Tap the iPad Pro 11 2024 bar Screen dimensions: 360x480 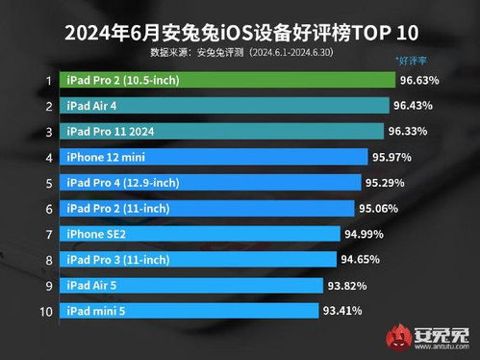click(x=220, y=130)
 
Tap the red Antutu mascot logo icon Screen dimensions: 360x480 click(x=397, y=336)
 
